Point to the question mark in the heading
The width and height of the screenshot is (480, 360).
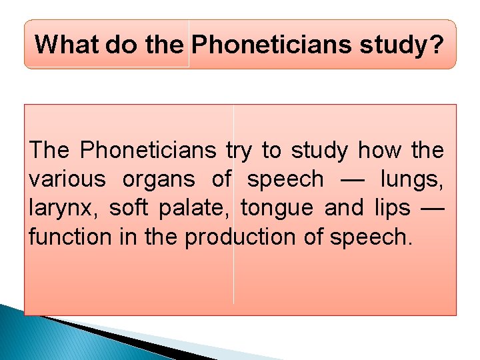pyautogui.click(x=435, y=45)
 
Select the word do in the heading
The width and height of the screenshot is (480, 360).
pyautogui.click(x=116, y=45)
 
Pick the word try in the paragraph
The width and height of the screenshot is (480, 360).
pyautogui.click(x=239, y=151)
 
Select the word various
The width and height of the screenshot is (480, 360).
pyautogui.click(x=67, y=180)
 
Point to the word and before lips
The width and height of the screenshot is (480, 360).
pyautogui.click(x=344, y=208)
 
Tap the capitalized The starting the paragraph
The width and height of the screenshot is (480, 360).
pyautogui.click(x=50, y=151)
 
